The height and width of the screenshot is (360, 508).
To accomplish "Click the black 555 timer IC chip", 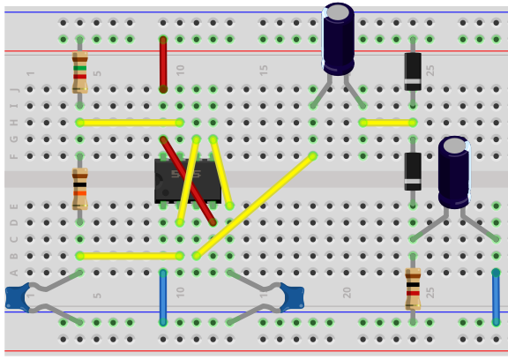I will point(187,180).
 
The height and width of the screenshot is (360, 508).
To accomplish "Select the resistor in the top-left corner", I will point(79,71).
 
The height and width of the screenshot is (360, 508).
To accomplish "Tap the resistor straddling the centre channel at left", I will point(79,187).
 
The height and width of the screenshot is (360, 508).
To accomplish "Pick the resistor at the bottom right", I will point(413,289).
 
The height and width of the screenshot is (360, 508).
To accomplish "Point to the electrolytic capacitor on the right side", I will point(454,172).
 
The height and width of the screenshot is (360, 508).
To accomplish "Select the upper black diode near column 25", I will point(413,71).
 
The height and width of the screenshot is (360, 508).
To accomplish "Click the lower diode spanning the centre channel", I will point(413,171).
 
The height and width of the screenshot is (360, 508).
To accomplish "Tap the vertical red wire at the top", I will point(163,64).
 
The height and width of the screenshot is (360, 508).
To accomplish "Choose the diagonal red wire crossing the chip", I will point(188,180).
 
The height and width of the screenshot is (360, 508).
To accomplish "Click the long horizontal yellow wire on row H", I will point(130,123).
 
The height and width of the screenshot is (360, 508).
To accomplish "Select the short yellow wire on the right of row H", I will point(387,123).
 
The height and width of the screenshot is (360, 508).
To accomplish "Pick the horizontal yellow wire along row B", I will point(130,256).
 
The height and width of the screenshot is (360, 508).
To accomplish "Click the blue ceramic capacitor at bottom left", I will point(18,298).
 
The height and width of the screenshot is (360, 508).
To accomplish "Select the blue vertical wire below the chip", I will point(163,297).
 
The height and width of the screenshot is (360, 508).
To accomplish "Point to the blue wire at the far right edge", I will point(496,297).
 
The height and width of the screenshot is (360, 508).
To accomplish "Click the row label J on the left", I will point(13,89).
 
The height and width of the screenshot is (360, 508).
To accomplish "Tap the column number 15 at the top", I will point(264,70).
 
